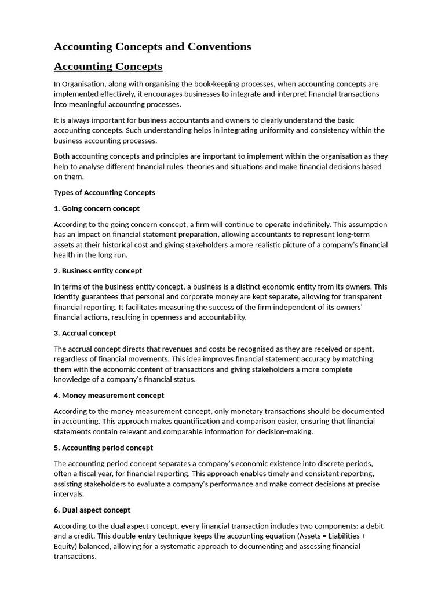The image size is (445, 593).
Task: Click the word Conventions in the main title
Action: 220,47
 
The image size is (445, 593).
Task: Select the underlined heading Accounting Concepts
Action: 108,67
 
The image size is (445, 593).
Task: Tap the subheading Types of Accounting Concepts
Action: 104,192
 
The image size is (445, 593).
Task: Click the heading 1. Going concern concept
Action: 97,208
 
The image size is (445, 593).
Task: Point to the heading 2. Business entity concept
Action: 98,270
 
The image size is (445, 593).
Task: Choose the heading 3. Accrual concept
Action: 85,333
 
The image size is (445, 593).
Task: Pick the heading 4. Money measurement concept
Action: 109,395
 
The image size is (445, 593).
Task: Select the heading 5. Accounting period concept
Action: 104,448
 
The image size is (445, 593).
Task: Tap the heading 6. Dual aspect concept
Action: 92,510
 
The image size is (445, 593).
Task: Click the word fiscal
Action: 86,474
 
